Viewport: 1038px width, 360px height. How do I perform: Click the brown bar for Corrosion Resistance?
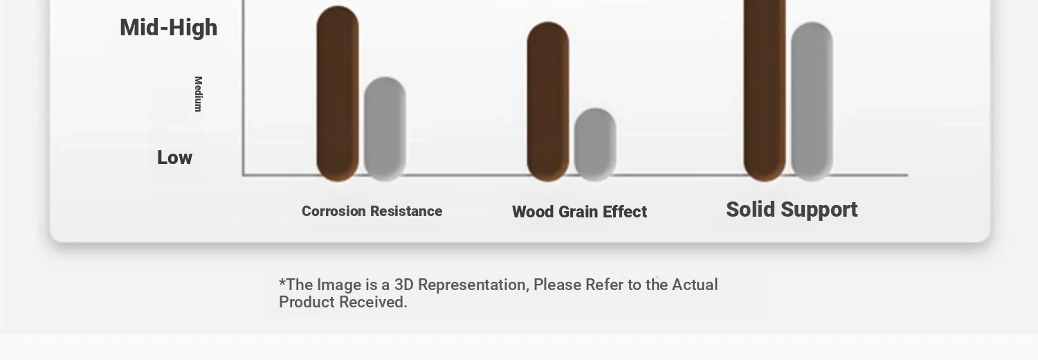coord(338,93)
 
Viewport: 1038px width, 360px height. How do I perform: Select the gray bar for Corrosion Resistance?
coord(385,129)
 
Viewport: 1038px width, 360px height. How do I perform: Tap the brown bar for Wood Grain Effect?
coord(548,102)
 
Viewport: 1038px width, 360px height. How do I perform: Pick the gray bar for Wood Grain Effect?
coord(595,145)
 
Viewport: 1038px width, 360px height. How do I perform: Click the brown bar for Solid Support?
coord(765,91)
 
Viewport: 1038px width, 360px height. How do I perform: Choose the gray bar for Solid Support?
coord(812,102)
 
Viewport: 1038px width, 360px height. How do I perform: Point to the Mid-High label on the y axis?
coord(169,28)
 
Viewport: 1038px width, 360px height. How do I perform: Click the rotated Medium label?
coord(199,94)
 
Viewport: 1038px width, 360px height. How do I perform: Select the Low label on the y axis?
coord(174,158)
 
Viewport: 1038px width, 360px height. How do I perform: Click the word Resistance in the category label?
coord(406,211)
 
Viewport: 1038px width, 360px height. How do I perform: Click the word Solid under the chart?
coord(751,209)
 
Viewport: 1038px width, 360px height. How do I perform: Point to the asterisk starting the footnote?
coord(282,281)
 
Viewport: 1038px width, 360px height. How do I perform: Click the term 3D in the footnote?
coord(403,285)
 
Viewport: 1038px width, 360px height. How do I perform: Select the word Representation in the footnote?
coord(473,285)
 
